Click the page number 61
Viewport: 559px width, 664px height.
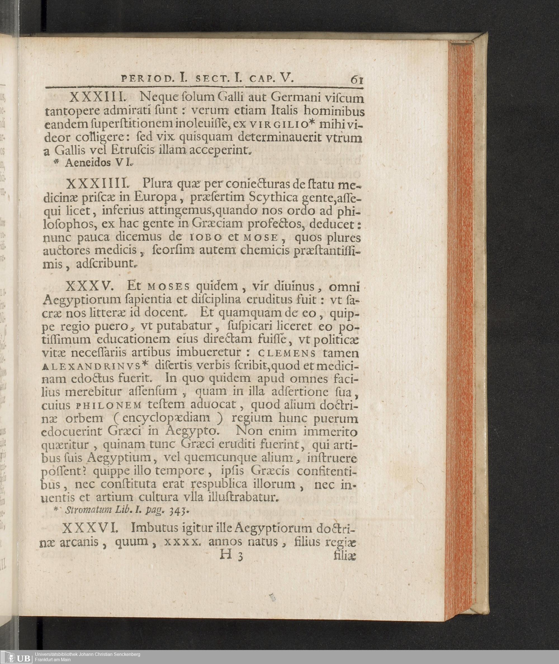(357, 80)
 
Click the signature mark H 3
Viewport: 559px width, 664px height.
(231, 555)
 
